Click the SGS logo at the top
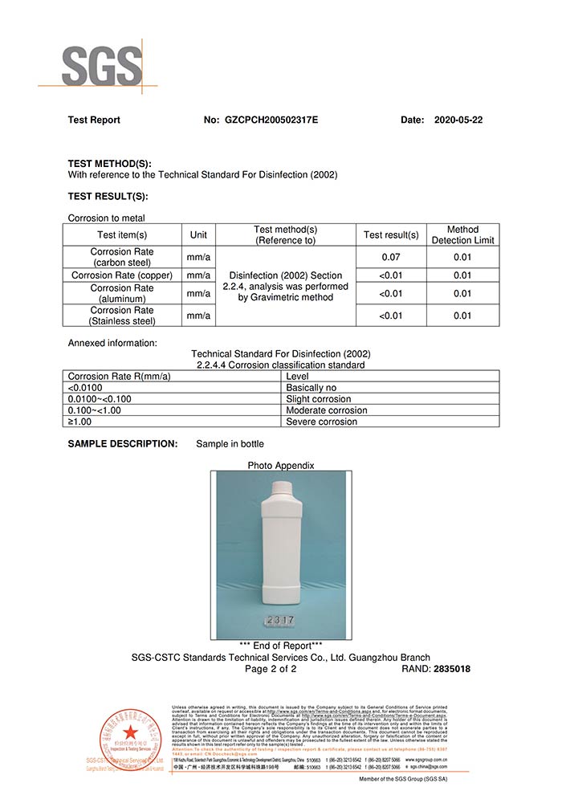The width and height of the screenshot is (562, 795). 101,66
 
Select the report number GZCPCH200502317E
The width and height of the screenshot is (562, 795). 271,120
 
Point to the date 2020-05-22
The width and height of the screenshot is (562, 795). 458,120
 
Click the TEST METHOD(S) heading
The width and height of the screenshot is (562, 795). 109,163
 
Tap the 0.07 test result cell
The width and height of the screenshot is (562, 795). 392,258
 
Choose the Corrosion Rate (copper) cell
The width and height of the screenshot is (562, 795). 123,275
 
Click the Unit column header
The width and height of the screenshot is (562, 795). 198,235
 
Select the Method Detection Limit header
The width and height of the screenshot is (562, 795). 462,234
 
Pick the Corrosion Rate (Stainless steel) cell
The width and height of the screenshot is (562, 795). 123,316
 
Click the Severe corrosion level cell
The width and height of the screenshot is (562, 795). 322,422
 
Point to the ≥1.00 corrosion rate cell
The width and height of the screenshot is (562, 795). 79,422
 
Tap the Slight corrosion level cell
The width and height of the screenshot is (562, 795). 319,398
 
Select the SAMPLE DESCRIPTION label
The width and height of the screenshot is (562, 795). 122,444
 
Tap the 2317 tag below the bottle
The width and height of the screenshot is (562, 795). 279,622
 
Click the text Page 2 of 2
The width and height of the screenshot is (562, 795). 271,669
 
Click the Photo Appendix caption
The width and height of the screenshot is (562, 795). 281,466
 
